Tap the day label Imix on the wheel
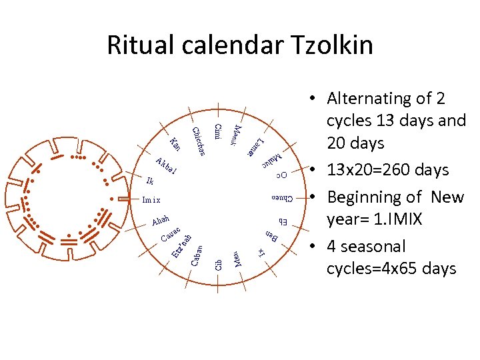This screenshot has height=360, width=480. [x=151, y=199]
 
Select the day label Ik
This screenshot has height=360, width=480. [x=150, y=181]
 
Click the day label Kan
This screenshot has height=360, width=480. [x=175, y=144]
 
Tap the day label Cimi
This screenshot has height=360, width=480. [x=218, y=132]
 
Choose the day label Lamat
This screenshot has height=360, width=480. [x=255, y=146]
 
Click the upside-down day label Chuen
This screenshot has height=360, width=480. [x=283, y=198]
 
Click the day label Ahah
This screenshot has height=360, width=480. [x=161, y=220]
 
